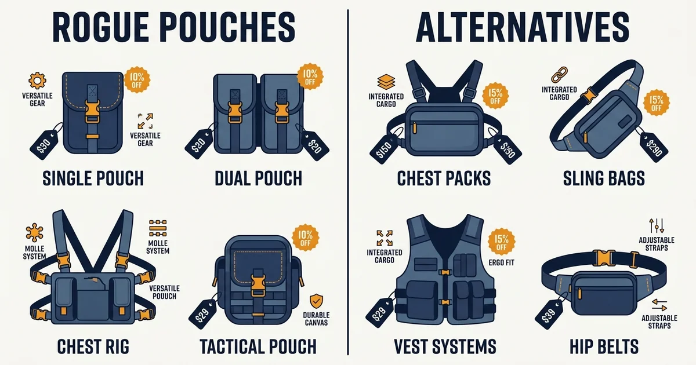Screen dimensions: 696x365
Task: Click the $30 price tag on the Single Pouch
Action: click(44, 145)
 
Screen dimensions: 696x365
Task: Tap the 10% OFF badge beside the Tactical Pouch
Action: click(306, 238)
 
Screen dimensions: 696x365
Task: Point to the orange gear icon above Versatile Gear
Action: click(37, 81)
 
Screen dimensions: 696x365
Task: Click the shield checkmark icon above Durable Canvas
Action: click(316, 301)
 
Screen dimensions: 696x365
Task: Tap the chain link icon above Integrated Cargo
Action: click(559, 75)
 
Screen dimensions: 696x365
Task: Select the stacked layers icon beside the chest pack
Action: click(386, 82)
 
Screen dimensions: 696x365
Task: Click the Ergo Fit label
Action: click(501, 262)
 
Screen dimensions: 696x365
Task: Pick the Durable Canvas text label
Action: click(316, 319)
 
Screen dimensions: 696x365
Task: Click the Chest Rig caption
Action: click(93, 346)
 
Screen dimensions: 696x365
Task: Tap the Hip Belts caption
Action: click(604, 346)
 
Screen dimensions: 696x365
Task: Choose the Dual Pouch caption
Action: click(259, 178)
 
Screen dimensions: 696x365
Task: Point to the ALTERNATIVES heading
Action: click(523, 27)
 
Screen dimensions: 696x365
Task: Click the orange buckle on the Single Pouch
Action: click(92, 111)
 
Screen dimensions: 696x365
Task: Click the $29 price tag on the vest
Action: click(380, 313)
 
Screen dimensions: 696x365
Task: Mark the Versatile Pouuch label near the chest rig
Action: click(164, 292)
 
